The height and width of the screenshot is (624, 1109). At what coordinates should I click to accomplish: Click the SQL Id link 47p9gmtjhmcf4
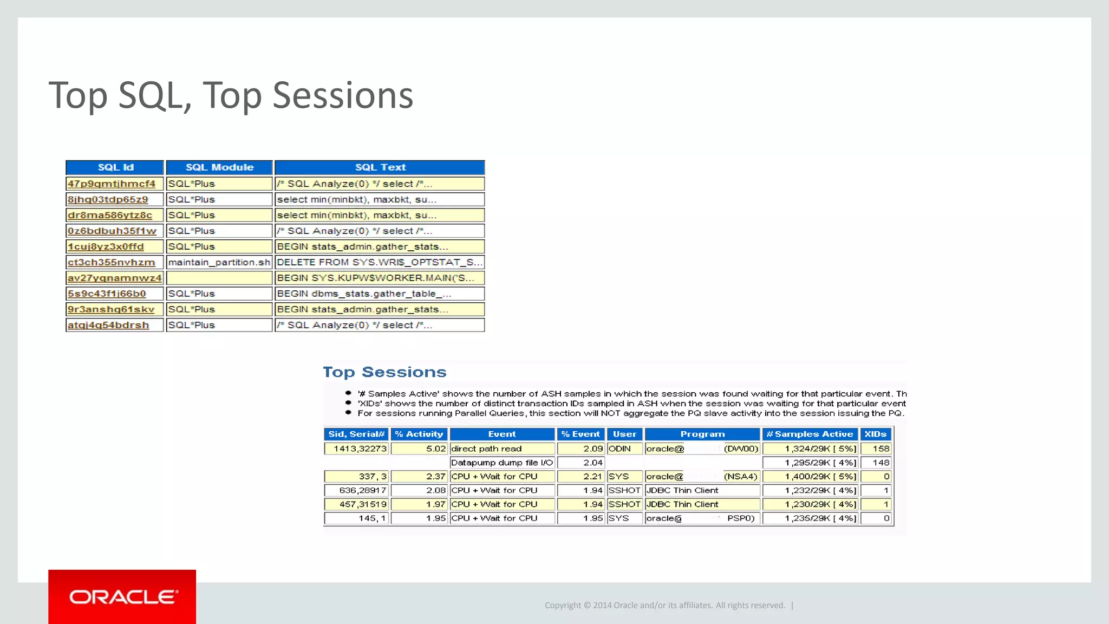click(112, 184)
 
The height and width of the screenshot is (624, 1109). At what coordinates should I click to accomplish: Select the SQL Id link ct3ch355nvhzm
click(112, 262)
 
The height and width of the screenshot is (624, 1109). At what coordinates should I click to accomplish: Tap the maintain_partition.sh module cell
click(219, 262)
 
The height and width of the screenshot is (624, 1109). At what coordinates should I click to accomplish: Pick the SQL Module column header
click(219, 167)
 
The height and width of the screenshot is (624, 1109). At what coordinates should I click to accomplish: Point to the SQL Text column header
click(380, 167)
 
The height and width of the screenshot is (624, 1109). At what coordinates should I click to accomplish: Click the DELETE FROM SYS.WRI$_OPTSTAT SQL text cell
click(379, 262)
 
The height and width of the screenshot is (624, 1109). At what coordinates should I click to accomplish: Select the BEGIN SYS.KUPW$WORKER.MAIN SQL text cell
click(379, 278)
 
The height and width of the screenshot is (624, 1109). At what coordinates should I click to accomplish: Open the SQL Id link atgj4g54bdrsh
click(108, 325)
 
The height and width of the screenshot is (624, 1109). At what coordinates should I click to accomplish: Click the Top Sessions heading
click(384, 372)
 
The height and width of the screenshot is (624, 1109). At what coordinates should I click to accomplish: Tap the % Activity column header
click(419, 434)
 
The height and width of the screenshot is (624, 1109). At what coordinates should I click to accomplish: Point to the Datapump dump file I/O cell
click(501, 463)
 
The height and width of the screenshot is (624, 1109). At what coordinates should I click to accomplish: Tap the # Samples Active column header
click(810, 434)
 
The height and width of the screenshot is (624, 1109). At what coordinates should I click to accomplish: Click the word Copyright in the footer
click(562, 606)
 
